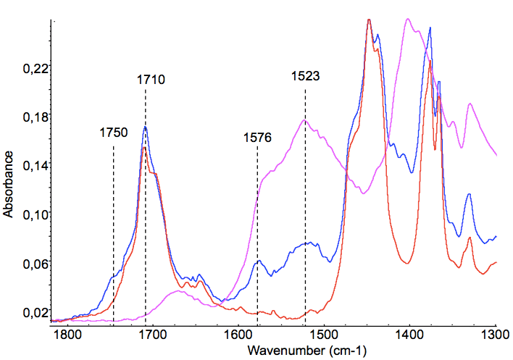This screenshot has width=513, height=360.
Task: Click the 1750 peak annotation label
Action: click(114, 133)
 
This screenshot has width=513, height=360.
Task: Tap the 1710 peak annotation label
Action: click(152, 80)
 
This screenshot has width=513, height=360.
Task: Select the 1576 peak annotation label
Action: click(257, 138)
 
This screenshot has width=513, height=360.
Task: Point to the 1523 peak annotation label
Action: click(306, 75)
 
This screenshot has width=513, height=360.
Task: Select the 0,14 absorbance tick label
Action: click(33, 166)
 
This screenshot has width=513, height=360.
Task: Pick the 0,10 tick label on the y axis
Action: click(33, 215)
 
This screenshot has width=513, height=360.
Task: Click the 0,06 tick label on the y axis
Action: click(33, 264)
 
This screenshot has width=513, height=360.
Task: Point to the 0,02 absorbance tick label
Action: click(33, 313)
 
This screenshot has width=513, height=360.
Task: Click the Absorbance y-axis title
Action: click(9, 185)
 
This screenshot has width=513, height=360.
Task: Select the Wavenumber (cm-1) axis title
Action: click(307, 351)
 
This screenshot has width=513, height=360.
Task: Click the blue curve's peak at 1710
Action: click(145, 127)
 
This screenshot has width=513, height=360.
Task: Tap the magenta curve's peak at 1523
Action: click(305, 120)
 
